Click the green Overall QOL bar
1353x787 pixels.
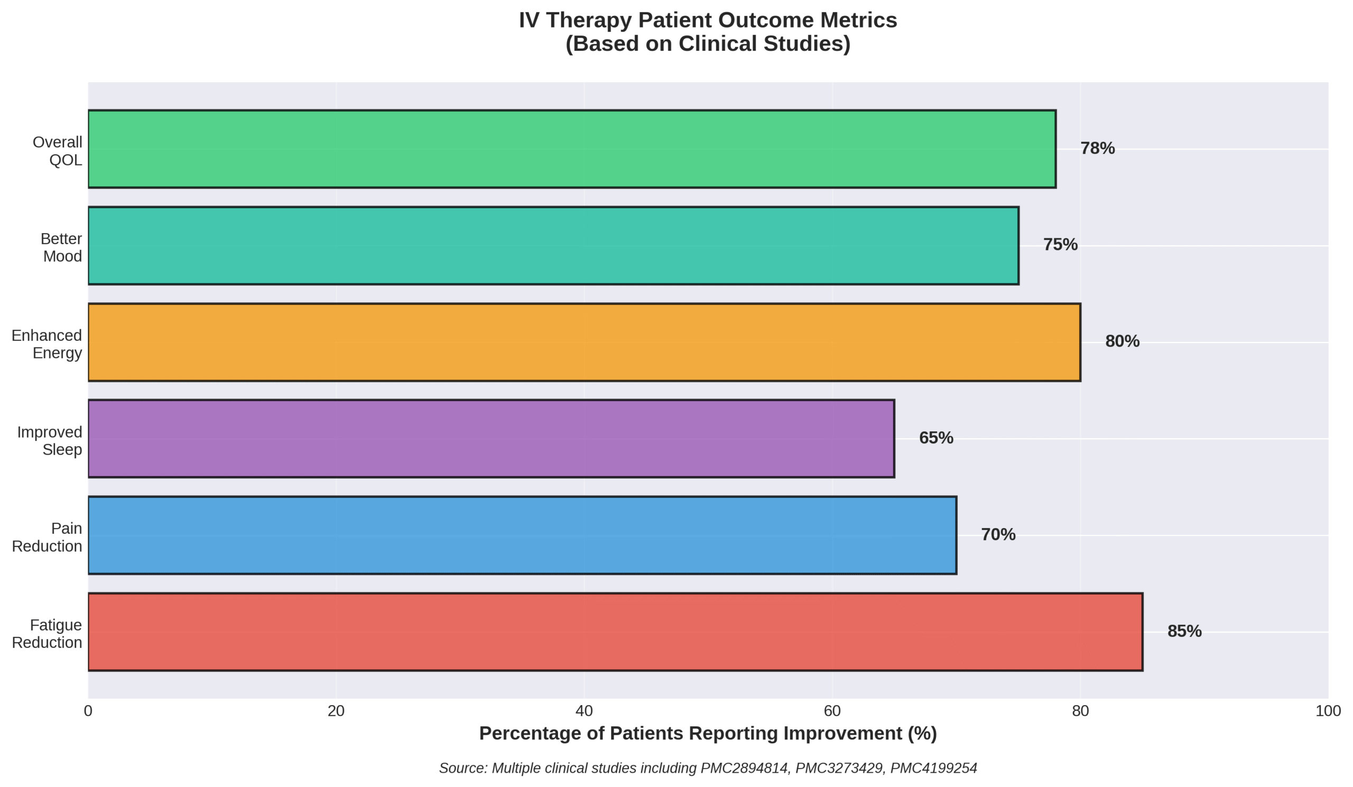point(572,149)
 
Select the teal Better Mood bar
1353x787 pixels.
point(553,245)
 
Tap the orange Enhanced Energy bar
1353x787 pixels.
point(584,342)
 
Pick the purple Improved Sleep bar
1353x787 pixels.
point(492,439)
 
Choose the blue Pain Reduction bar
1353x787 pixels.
point(522,535)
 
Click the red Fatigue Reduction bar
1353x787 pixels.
point(615,632)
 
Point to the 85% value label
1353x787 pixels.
point(1184,631)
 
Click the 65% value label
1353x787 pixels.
point(936,438)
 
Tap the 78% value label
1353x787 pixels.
point(1097,149)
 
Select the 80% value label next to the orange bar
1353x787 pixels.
point(1122,341)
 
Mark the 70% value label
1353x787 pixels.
point(998,535)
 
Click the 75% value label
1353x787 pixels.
point(1060,245)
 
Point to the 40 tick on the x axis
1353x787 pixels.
point(584,711)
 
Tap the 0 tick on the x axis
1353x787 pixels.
point(88,711)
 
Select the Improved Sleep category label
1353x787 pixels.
point(49,441)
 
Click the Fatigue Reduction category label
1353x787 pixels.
point(47,634)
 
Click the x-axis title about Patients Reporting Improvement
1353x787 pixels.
point(708,733)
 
